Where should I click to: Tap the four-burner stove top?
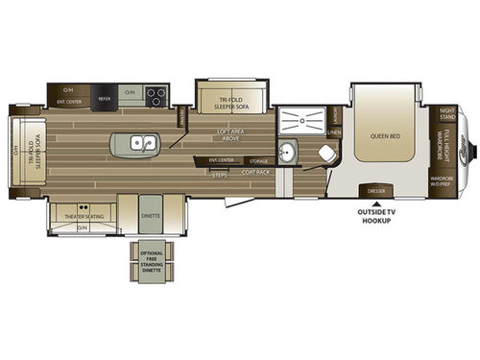157,95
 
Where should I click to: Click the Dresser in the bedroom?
374,191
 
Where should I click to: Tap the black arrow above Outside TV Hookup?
375,202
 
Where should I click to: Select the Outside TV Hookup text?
375,216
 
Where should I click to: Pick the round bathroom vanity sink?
289,154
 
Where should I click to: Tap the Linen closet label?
334,132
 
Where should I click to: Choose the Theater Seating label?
83,216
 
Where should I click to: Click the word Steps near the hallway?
219,174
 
